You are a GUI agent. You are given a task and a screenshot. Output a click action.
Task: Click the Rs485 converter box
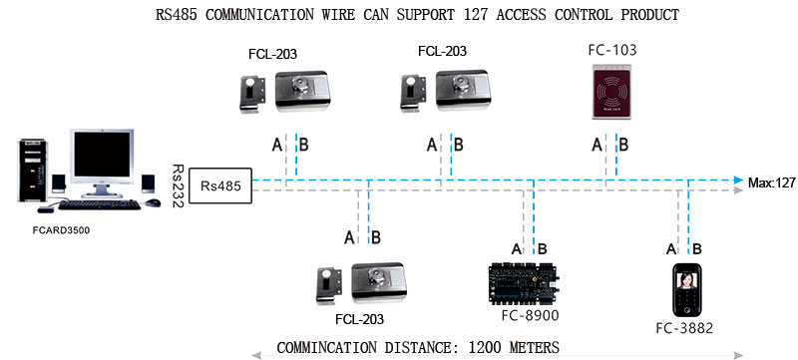pos(219,184)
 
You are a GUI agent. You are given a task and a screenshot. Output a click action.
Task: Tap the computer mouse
pos(152,202)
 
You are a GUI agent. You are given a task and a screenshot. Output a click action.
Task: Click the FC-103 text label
pos(612,49)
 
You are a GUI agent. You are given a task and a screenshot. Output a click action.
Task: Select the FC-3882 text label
pos(687,328)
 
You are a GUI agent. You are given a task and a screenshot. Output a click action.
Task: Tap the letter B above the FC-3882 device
pos(697,248)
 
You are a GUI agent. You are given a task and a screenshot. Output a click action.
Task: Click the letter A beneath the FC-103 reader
pos(597,145)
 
